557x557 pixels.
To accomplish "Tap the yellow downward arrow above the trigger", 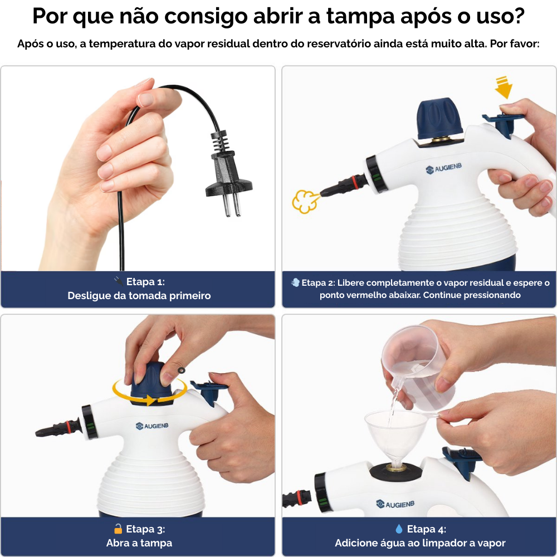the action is coord(504,87).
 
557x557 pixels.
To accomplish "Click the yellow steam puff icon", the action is coord(305,202).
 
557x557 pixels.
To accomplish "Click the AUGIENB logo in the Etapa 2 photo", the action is coord(444,168).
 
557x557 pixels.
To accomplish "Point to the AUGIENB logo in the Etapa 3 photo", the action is coord(152,426).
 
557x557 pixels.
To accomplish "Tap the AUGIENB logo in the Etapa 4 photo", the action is coord(395,504).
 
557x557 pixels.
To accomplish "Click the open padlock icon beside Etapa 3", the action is coord(118,529).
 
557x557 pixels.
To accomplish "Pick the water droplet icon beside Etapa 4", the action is coord(399,529).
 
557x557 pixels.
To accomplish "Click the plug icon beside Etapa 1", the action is coord(118,281).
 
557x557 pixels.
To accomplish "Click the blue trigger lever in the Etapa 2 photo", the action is coord(502,123).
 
